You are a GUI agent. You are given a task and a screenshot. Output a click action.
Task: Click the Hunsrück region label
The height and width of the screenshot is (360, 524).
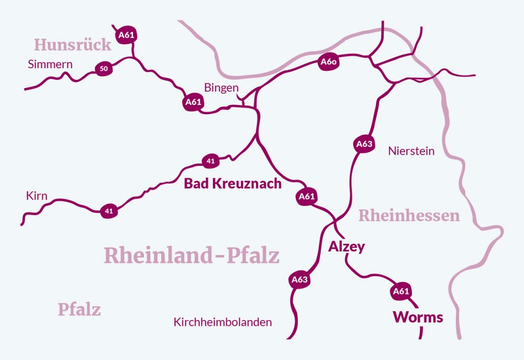[72, 45]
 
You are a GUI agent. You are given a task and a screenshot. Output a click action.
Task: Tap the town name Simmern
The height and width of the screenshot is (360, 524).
[50, 65]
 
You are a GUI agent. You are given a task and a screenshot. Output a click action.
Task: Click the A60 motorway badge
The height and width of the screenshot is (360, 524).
[328, 62]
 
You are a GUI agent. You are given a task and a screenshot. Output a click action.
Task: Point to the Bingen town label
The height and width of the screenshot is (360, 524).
[221, 88]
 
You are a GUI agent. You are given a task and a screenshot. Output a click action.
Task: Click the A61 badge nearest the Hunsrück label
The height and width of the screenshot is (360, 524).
[127, 35]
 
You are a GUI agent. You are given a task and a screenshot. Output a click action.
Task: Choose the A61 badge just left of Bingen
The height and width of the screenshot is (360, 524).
[193, 102]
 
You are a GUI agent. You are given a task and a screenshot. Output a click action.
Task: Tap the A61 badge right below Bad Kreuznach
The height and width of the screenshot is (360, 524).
[306, 196]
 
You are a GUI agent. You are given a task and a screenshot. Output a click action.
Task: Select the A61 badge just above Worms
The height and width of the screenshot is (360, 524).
[401, 291]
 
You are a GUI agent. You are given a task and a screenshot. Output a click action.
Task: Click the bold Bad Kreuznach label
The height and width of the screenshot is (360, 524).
[233, 183]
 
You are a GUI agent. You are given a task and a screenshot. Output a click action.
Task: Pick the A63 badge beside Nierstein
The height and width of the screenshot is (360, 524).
[364, 144]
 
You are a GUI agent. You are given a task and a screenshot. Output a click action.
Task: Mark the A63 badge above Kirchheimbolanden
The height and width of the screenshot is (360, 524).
[299, 279]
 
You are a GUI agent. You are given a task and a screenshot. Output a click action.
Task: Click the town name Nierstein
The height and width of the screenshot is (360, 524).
[411, 151]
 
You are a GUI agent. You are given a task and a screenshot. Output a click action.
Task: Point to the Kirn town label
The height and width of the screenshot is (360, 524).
[36, 196]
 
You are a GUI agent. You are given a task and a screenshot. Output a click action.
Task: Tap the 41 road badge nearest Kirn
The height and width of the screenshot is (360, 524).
[108, 210]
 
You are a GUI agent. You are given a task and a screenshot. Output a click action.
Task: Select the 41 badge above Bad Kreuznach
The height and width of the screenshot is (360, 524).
[210, 161]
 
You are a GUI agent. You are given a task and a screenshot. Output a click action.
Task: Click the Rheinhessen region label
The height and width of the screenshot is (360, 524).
[409, 216]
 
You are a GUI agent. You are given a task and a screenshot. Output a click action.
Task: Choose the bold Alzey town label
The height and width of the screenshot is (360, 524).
[346, 247]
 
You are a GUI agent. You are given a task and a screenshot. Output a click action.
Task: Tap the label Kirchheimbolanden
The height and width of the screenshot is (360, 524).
[223, 323]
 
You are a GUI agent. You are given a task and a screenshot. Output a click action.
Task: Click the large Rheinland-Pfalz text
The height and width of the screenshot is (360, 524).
[192, 255]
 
